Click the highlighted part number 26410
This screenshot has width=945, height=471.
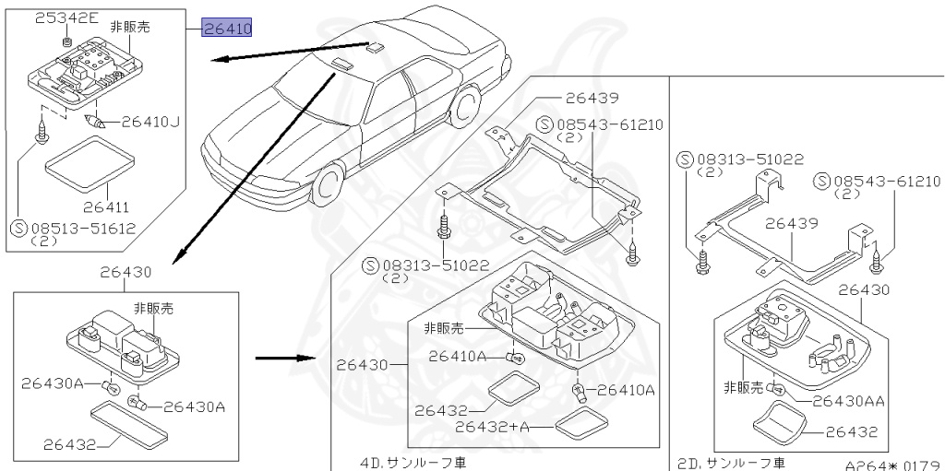click(x=228, y=29)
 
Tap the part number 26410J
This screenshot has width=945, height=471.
click(x=150, y=120)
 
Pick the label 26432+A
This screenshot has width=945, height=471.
click(x=492, y=427)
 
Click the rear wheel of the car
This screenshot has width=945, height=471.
click(x=470, y=105)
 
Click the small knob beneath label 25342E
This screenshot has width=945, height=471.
click(x=66, y=41)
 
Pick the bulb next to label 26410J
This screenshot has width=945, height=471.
click(x=94, y=122)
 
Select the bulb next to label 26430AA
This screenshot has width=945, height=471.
click(x=779, y=391)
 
